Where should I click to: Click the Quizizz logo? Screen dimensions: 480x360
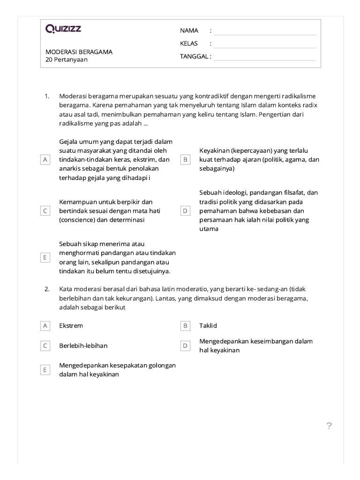63,29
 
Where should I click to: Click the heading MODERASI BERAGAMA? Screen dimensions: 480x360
79,52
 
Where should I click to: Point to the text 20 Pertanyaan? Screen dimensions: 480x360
67,60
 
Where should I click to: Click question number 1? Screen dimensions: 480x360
47,96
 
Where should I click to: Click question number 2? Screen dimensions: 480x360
47,289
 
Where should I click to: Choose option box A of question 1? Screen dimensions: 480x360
45,159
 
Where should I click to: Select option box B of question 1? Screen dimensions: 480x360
185,159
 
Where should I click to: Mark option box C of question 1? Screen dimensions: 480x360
45,211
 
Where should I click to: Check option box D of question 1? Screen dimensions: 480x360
185,211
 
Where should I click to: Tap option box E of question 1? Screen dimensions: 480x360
45,257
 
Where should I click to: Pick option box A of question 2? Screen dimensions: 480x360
45,325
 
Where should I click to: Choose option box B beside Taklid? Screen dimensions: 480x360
185,325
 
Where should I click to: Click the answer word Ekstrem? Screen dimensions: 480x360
71,325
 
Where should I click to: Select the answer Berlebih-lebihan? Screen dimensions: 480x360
83,345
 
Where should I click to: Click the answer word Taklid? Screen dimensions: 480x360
208,325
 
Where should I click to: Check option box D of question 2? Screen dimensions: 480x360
185,345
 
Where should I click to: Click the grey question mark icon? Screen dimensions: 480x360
329,426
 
